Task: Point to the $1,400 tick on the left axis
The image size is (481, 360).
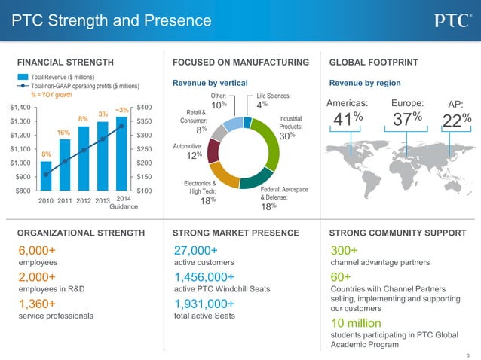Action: (20, 108)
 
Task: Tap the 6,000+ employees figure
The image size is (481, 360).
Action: (37, 251)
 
